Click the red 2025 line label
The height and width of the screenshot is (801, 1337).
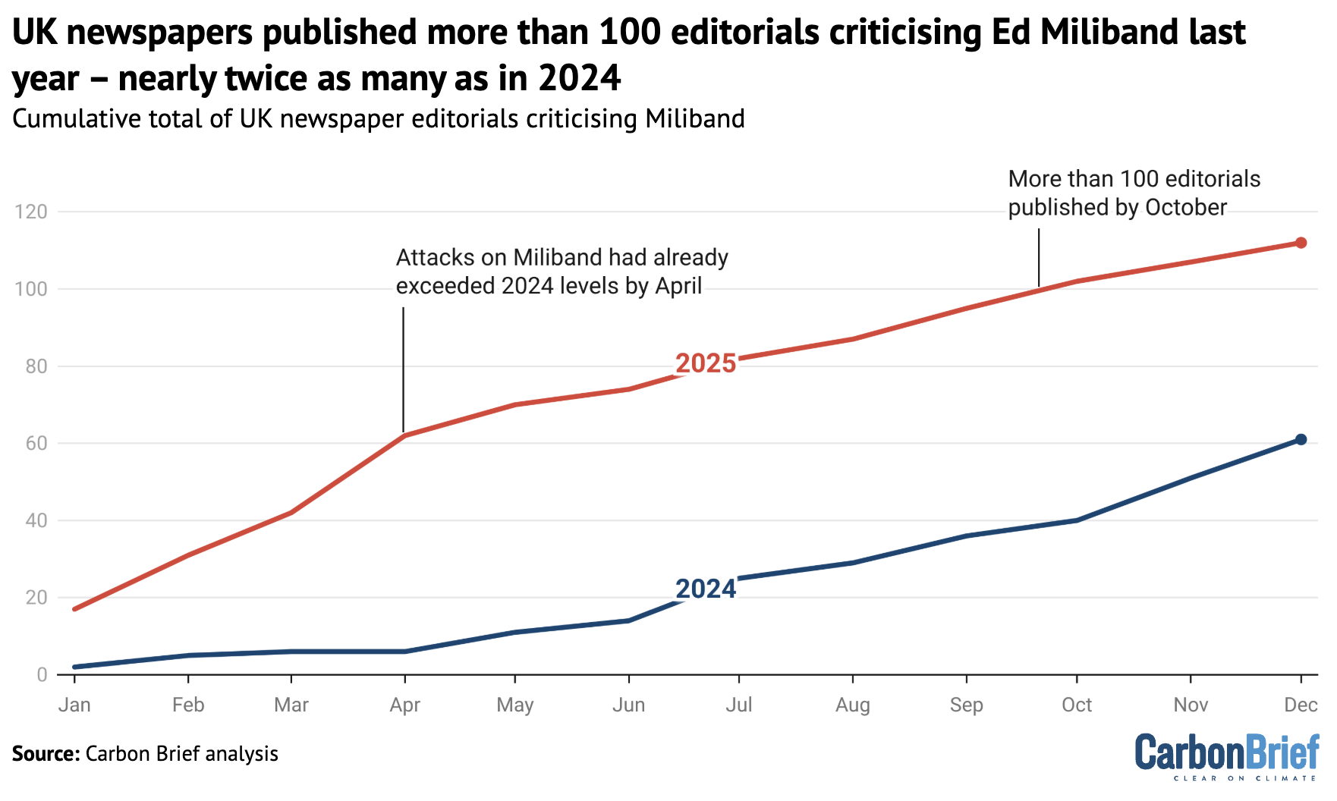(x=706, y=363)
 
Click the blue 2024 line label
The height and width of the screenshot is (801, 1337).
(x=706, y=589)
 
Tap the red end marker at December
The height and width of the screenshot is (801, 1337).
(x=1301, y=243)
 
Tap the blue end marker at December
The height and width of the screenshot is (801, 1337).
(x=1301, y=440)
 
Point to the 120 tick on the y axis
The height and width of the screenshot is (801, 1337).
(x=31, y=212)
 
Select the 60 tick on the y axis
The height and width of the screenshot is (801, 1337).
(x=36, y=443)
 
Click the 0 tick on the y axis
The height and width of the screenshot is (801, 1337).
(x=41, y=674)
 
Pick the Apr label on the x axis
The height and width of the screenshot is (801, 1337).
(x=404, y=705)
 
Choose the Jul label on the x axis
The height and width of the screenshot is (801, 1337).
(x=738, y=705)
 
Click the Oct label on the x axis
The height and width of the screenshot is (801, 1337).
(x=1076, y=705)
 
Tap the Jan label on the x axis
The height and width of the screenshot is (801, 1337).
(x=74, y=705)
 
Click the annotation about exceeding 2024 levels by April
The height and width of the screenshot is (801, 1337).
(x=562, y=272)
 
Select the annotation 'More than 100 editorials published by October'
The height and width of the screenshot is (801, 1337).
(x=1134, y=193)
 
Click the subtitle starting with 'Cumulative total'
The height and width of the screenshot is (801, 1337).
(x=378, y=119)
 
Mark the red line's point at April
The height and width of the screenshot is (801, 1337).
(x=404, y=435)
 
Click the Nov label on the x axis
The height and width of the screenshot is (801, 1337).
(x=1190, y=705)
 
